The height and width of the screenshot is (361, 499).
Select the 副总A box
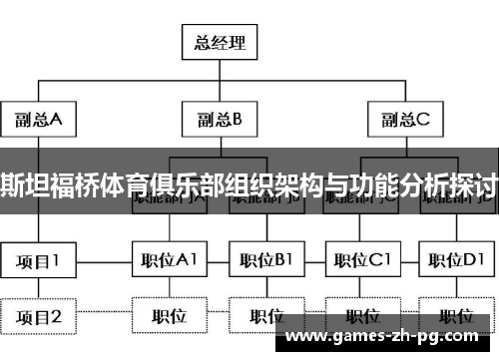[x=38, y=121]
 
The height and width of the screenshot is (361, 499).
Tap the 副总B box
[x=219, y=121]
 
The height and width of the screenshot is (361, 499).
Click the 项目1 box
[x=38, y=261]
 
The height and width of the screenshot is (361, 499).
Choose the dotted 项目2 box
[x=38, y=317]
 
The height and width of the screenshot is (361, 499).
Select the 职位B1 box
[x=266, y=261]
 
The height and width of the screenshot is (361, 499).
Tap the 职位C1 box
[x=362, y=261]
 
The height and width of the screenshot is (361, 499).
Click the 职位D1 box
[x=456, y=261]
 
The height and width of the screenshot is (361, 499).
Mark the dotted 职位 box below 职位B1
[x=266, y=317]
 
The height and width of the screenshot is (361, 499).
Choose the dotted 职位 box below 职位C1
[x=362, y=317]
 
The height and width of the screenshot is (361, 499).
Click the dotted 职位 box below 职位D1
[x=456, y=317]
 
